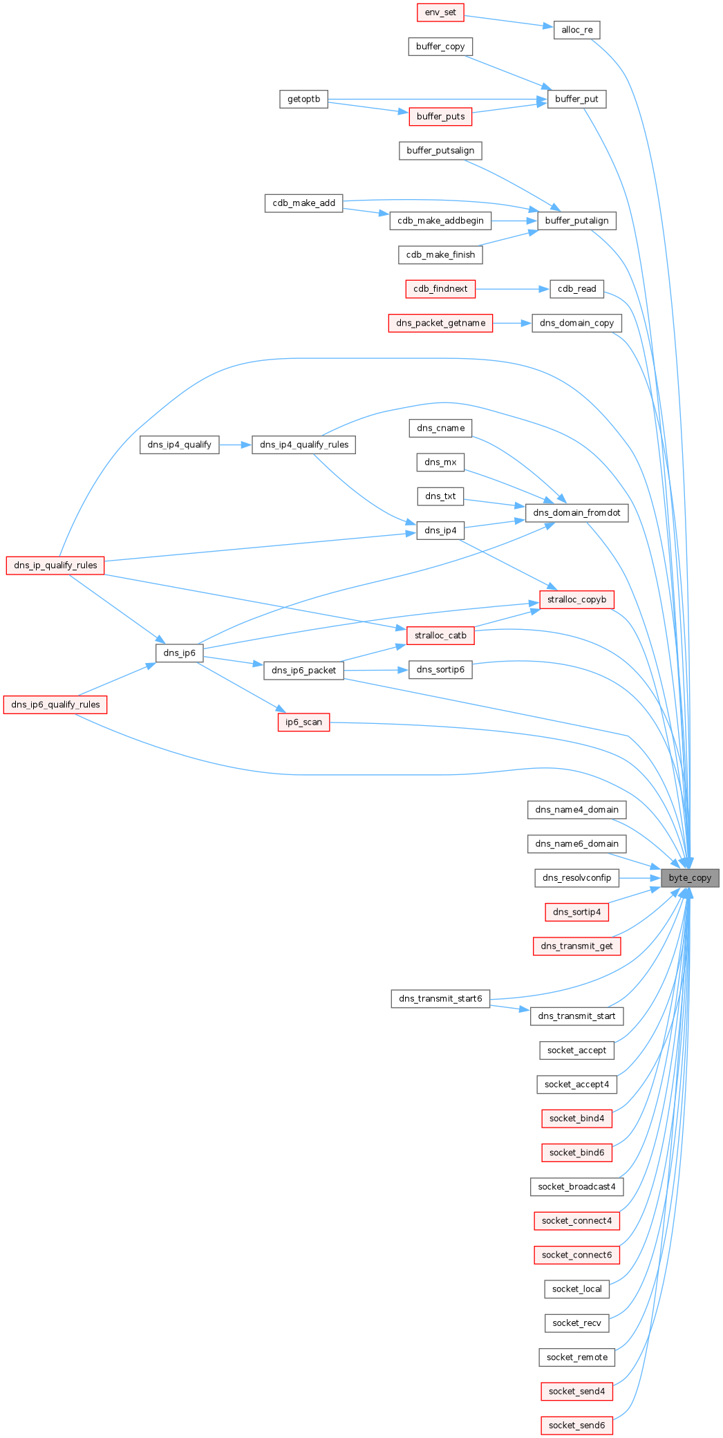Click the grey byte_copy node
pyautogui.click(x=690, y=877)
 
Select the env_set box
pyautogui.click(x=440, y=12)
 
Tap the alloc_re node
pyautogui.click(x=576, y=30)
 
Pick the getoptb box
pyautogui.click(x=303, y=99)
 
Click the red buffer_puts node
pyautogui.click(x=440, y=116)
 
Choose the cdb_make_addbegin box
pyautogui.click(x=440, y=221)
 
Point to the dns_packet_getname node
pyautogui.click(x=440, y=323)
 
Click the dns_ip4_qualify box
pyautogui.click(x=179, y=445)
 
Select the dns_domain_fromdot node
pyautogui.click(x=576, y=513)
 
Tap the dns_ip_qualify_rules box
pyautogui.click(x=55, y=566)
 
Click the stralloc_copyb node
pyautogui.click(x=576, y=599)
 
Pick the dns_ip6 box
pyautogui.click(x=179, y=653)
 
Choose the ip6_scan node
pyautogui.click(x=303, y=722)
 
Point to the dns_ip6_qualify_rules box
pyautogui.click(x=55, y=704)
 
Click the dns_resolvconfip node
pyautogui.click(x=576, y=878)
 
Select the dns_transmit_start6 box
pyautogui.click(x=440, y=999)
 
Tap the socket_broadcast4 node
pyautogui.click(x=576, y=1186)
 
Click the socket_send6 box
pyautogui.click(x=576, y=1425)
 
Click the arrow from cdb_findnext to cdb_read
pyautogui.click(x=512, y=289)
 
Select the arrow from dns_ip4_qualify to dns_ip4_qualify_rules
pyautogui.click(x=236, y=445)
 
